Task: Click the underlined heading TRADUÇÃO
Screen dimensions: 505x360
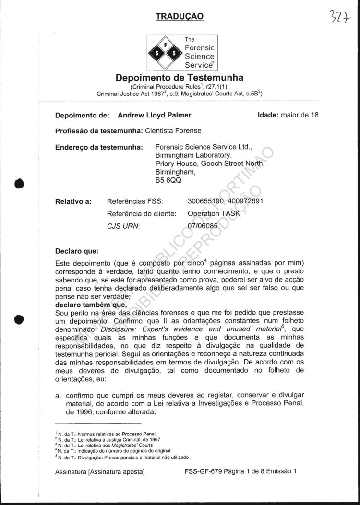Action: (x=180, y=17)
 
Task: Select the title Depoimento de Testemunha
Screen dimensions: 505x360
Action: (x=180, y=78)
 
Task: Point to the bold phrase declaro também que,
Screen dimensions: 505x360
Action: (x=91, y=304)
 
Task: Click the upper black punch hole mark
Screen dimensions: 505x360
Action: (x=19, y=183)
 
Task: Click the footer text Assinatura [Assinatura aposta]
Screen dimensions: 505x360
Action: (x=100, y=471)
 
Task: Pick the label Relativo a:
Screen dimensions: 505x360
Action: (x=73, y=201)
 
